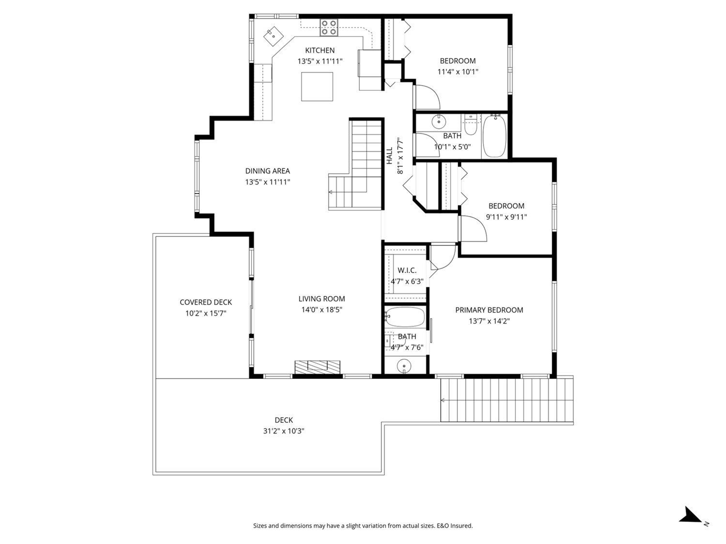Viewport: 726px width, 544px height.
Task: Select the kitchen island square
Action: point(317,87)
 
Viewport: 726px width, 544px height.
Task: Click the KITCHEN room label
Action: point(320,50)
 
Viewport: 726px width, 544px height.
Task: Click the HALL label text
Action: point(389,156)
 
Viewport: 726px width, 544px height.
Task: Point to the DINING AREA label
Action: point(268,171)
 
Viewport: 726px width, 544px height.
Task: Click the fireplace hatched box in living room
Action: point(317,367)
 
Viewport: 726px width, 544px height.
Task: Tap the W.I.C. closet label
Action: point(407,270)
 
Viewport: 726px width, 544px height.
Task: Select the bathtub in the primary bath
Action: point(405,317)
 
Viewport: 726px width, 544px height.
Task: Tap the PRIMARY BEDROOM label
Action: point(489,310)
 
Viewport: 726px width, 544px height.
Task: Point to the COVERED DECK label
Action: point(206,302)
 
